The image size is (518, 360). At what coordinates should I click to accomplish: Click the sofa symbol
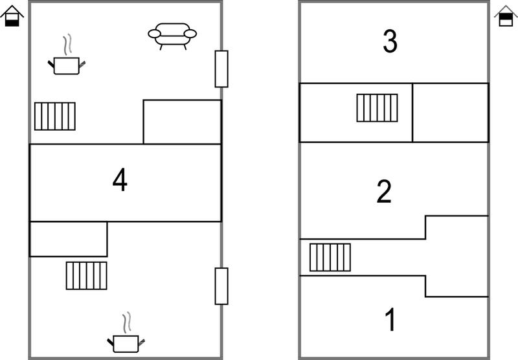coord(172,35)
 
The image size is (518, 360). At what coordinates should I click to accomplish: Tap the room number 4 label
coord(120,179)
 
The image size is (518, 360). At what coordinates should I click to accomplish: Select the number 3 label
coord(390,41)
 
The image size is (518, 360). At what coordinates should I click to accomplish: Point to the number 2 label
coord(384,192)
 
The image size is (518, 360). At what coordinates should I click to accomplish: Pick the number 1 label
coord(390,319)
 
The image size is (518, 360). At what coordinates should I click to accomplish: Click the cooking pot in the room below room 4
coord(126,344)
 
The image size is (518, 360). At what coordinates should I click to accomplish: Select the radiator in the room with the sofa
coord(55,117)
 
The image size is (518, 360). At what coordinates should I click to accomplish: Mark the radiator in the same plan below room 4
coord(87,276)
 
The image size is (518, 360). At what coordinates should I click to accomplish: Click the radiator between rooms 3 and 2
coord(377,108)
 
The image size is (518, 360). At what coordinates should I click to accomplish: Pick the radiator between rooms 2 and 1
coord(330,257)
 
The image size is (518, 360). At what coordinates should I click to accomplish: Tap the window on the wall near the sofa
coord(221,69)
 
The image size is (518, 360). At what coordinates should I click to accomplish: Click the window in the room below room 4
coord(221,286)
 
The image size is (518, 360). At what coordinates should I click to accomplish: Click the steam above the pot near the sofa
coord(67,45)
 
